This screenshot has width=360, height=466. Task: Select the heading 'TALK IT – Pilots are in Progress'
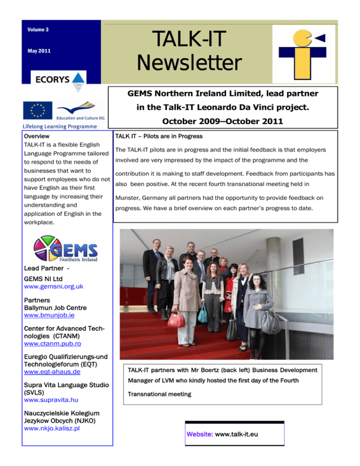(x=159, y=136)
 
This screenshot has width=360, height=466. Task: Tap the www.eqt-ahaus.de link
(x=52, y=372)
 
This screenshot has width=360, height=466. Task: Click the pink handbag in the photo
(x=176, y=320)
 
